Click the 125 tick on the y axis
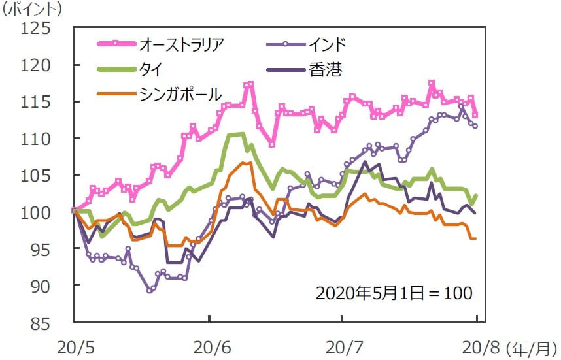click(39, 29)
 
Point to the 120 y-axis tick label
click(39, 65)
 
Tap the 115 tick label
click(39, 102)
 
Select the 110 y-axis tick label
click(39, 139)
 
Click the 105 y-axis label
click(39, 176)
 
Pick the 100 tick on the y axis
click(39, 212)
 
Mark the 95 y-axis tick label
click(43, 250)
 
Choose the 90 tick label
click(43, 286)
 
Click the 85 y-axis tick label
click(43, 323)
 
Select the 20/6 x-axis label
click(209, 346)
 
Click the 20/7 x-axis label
click(342, 346)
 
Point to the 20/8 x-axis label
click(475, 346)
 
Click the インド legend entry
click(325, 44)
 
